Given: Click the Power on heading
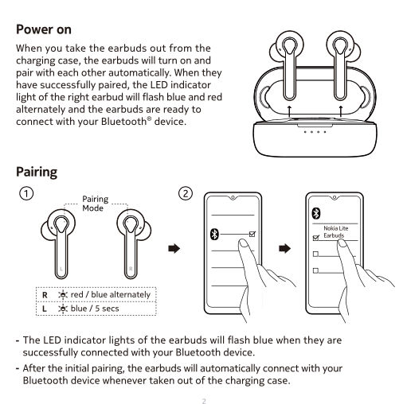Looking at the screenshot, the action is tap(44, 29).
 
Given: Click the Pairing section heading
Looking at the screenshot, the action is tap(37, 172).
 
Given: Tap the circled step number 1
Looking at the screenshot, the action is tap(26, 193).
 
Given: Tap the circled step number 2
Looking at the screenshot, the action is tap(186, 193).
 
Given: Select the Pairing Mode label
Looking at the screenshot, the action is tap(95, 204).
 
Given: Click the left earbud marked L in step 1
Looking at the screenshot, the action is tap(58, 243).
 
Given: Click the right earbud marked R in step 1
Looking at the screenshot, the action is tap(134, 243).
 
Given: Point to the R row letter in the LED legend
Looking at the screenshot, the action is tap(45, 295).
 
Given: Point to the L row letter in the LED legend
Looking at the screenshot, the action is tap(45, 309).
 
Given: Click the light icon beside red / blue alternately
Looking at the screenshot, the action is tap(63, 294).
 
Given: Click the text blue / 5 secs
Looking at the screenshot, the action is tap(95, 309).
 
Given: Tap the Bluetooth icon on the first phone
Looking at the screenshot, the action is tap(214, 234).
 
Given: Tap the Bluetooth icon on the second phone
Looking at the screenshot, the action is tap(316, 213).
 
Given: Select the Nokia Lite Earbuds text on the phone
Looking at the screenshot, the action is tap(335, 231).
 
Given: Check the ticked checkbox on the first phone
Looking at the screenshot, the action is tap(252, 234).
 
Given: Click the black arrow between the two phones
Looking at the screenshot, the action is tap(284, 248).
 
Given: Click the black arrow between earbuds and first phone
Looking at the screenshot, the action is tap(174, 248).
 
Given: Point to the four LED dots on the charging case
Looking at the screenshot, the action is tap(315, 132).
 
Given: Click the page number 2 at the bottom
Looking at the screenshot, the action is tap(204, 401).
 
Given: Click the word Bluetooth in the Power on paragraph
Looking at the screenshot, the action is tap(123, 122).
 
